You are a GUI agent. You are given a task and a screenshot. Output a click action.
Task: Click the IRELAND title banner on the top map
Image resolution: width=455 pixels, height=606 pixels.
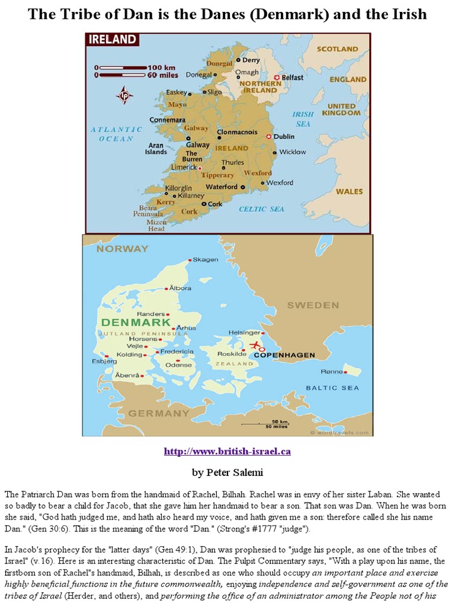tap(112, 40)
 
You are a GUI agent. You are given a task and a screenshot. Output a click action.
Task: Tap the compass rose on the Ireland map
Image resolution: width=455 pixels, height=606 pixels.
tap(124, 95)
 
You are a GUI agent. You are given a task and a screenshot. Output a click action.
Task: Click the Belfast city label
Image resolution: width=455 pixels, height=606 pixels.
tap(292, 78)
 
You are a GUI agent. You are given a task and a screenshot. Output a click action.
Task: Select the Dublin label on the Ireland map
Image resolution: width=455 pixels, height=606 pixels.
tap(284, 136)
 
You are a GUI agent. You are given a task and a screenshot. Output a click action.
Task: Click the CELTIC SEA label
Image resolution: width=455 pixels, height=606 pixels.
tap(261, 209)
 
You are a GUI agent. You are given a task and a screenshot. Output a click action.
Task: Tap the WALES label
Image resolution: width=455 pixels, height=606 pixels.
tap(349, 192)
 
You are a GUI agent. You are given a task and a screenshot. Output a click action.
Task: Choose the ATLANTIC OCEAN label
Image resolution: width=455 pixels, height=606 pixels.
tap(116, 134)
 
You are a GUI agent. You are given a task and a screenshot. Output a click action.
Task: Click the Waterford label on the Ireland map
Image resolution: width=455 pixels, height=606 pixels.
tap(221, 187)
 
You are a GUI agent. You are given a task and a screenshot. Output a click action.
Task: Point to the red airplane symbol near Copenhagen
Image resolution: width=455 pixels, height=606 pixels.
tap(255, 344)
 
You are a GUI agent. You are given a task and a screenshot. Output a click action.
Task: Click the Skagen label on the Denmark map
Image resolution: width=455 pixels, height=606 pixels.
tap(206, 260)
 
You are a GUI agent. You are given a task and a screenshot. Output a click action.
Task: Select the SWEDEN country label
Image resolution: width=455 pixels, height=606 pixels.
tap(313, 305)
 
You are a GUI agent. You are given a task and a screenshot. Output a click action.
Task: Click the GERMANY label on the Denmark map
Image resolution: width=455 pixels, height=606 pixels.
tap(159, 413)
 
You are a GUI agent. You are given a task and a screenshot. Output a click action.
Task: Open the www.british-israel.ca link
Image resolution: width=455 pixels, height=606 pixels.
tap(227, 452)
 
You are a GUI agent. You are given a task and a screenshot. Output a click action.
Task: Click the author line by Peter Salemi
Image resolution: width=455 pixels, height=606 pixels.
tap(227, 472)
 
